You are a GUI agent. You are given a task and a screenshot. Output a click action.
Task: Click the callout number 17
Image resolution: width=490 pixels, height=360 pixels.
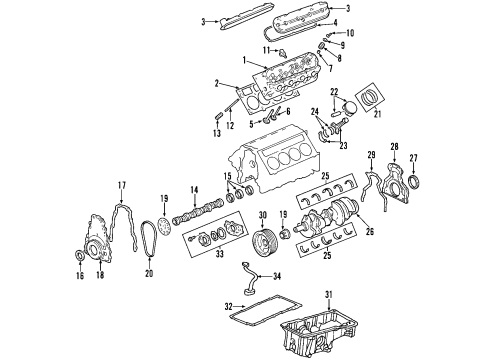[x=120, y=185]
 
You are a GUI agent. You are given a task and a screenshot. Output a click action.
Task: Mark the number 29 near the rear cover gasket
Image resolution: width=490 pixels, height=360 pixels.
[x=370, y=154]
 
